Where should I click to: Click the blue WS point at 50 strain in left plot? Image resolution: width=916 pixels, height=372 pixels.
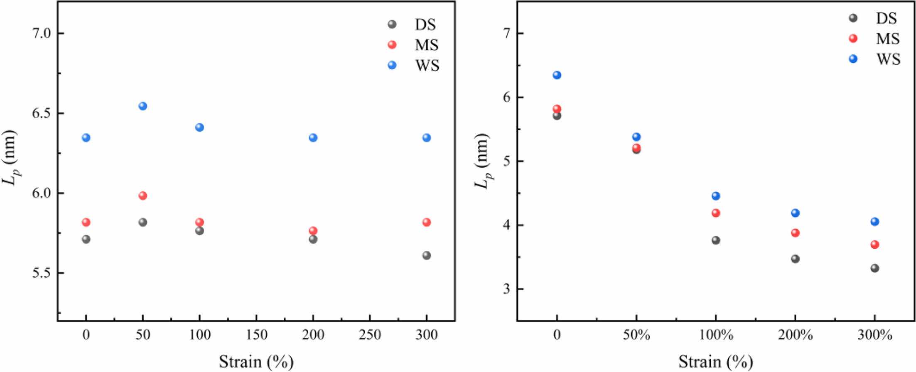(142, 106)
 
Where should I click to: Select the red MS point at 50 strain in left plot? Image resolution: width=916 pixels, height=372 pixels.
(142, 196)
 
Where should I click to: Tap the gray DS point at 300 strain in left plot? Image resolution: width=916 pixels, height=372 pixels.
(426, 255)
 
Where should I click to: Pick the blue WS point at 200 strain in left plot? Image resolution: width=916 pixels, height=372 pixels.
(313, 137)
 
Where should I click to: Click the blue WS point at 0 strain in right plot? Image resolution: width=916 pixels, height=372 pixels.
(557, 75)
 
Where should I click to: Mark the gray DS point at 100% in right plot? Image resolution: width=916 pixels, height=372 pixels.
(715, 240)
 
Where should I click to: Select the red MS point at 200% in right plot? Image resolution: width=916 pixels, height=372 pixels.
(795, 232)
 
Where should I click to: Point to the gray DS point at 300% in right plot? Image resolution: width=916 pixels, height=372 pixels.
(874, 268)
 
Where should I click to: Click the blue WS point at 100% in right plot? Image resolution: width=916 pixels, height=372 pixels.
(715, 196)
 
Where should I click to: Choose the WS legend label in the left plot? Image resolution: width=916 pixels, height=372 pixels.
(427, 66)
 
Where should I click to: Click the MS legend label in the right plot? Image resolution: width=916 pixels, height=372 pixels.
(888, 39)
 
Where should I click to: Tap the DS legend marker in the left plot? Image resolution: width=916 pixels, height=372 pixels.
(392, 24)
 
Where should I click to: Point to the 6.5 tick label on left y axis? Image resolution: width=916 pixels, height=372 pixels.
(41, 113)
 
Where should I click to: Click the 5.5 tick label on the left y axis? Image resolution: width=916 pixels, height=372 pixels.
(41, 273)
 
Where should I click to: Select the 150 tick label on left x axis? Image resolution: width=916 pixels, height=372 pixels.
(256, 335)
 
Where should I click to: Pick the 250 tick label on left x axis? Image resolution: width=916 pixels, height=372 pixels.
(370, 335)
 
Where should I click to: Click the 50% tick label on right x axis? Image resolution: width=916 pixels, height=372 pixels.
(636, 335)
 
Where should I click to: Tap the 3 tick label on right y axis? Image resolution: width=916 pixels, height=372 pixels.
(506, 289)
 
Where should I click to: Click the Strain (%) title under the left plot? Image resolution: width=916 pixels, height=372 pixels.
(256, 362)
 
